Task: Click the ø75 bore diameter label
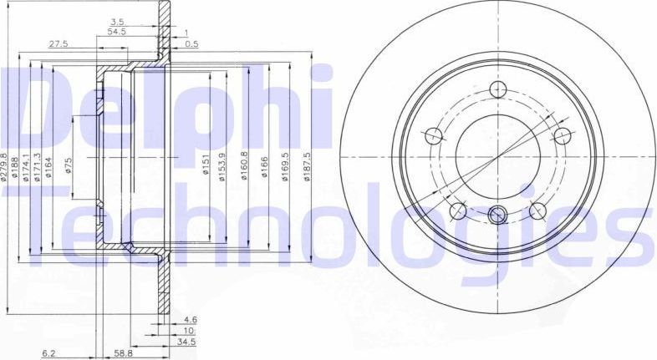click(69, 165)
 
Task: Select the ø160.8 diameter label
click(244, 166)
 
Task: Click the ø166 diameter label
click(266, 168)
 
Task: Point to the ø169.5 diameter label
click(286, 166)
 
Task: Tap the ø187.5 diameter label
click(308, 166)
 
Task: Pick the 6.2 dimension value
click(50, 354)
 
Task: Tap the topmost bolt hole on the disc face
click(499, 91)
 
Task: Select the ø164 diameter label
click(48, 166)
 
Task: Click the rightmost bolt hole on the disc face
click(563, 135)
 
